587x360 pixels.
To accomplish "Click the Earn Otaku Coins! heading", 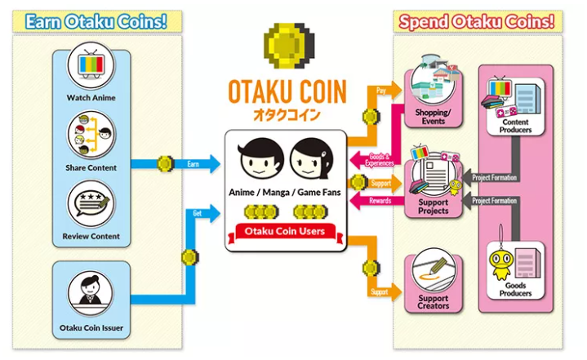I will click(96, 21).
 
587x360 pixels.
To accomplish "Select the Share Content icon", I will click(91, 136).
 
